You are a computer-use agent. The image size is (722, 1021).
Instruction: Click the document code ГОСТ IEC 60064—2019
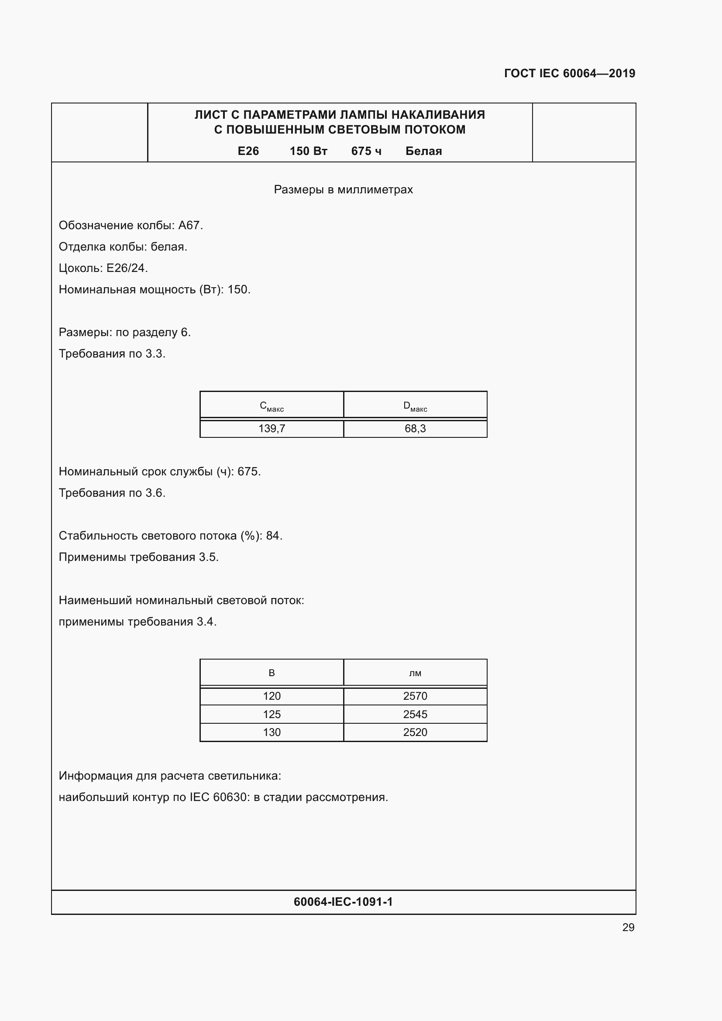569,73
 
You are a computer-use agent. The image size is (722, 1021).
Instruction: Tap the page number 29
628,927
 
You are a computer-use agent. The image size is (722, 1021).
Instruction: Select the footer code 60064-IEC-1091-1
343,902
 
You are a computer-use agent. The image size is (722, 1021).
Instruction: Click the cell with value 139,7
272,429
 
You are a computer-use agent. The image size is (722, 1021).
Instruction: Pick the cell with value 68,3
415,429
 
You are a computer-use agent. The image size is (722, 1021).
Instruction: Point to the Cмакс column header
272,406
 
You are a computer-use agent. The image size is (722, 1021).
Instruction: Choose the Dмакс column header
415,406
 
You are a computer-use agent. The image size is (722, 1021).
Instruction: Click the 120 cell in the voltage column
272,696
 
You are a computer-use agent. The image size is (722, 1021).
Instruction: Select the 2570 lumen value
415,696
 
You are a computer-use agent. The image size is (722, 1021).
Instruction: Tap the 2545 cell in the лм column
415,714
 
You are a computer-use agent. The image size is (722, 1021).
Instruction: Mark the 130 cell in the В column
272,732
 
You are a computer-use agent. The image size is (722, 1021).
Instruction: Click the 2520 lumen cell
415,732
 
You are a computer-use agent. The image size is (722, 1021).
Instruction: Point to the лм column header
415,673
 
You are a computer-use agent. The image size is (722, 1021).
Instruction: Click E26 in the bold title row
248,151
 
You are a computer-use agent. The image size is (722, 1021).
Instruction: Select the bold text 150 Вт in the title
308,151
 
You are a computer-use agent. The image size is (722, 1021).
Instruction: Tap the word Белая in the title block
423,151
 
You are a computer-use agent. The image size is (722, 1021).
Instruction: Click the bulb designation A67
189,225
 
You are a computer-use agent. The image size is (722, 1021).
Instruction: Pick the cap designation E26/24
126,268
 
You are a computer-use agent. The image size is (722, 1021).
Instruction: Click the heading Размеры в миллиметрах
343,190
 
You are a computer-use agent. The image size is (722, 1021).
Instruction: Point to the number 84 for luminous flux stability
272,536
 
